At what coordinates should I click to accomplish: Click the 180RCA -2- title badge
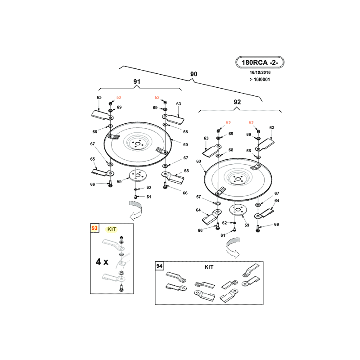pos(260,62)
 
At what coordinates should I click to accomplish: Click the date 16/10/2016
pos(260,72)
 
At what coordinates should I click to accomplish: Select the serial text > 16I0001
pos(260,80)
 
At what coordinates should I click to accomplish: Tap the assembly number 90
pos(194,74)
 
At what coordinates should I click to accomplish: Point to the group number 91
pos(137,81)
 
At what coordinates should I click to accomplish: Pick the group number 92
pos(237,102)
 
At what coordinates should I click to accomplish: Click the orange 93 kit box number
pos(94,228)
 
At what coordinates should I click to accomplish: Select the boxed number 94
pos(159,266)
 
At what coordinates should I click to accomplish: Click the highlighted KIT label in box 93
pos(112,229)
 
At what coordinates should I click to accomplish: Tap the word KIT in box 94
pos(209,267)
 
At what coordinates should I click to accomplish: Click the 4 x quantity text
pos(102,261)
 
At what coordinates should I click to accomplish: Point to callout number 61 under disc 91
pos(149,197)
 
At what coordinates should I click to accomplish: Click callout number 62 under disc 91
pos(149,187)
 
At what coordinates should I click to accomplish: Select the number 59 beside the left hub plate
pos(119,182)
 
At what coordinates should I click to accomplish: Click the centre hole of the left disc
pos(138,144)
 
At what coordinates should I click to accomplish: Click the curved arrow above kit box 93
pos(136,210)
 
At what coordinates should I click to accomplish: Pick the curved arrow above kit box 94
pos(233,248)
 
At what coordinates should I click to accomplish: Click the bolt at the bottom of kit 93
pos(121,288)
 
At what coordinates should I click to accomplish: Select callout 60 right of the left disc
pos(185,144)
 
